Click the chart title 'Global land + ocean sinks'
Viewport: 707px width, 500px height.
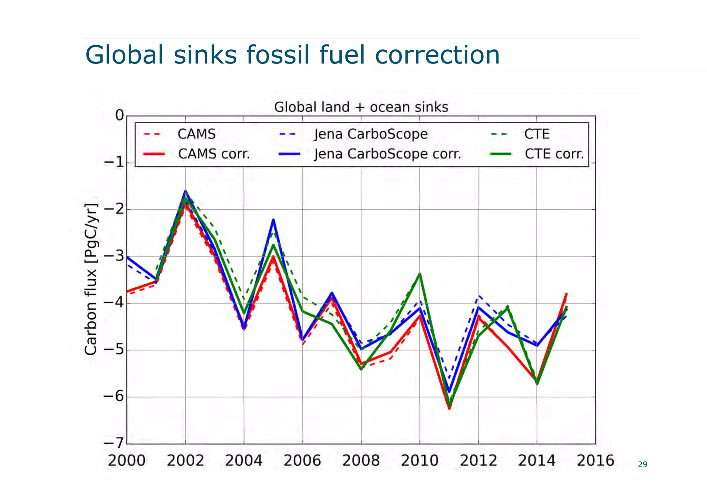pyautogui.click(x=361, y=107)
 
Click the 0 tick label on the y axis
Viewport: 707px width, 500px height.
pyautogui.click(x=119, y=115)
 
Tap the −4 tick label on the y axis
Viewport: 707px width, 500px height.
pyautogui.click(x=114, y=303)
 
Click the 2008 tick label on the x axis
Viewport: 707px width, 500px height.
pyautogui.click(x=361, y=461)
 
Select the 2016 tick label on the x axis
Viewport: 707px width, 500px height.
pyautogui.click(x=595, y=461)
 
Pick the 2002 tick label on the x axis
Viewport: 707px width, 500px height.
pyautogui.click(x=185, y=461)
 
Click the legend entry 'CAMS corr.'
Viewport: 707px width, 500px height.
pyautogui.click(x=214, y=154)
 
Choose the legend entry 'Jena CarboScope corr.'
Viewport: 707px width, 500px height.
pyautogui.click(x=387, y=154)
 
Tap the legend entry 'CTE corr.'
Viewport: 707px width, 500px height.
pyautogui.click(x=554, y=154)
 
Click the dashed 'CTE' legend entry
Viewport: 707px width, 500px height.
pyautogui.click(x=536, y=134)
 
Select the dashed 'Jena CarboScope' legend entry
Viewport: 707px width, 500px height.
pyautogui.click(x=370, y=134)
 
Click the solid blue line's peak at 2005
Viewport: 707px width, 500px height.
pyautogui.click(x=273, y=220)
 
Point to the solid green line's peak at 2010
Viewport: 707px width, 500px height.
pyautogui.click(x=420, y=274)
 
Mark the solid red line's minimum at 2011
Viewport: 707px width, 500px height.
pyautogui.click(x=449, y=408)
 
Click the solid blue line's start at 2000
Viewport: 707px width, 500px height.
pyautogui.click(x=127, y=257)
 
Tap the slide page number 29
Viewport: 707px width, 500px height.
pyautogui.click(x=642, y=464)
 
